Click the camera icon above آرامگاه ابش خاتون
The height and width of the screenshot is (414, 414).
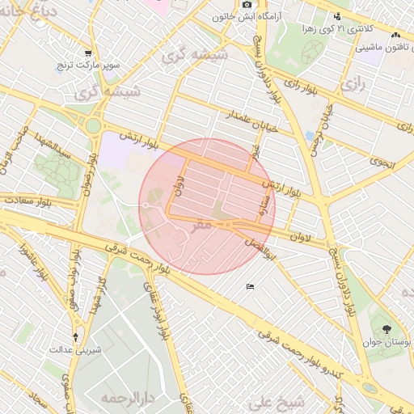click(247, 5)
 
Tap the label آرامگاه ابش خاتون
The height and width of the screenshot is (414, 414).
click(247, 16)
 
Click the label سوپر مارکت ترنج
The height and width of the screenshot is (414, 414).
click(87, 63)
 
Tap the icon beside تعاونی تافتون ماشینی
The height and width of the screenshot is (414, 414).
click(395, 36)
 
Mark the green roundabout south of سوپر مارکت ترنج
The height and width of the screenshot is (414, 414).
click(94, 125)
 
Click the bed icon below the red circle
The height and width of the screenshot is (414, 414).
click(250, 287)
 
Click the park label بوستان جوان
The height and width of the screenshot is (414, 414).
click(391, 344)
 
